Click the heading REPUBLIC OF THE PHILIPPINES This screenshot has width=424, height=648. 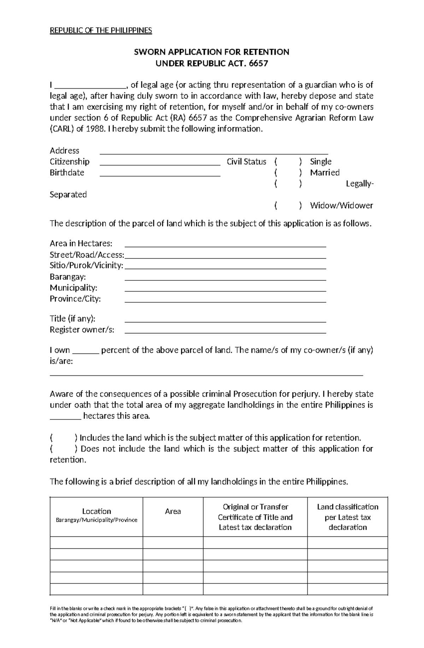(x=101, y=30)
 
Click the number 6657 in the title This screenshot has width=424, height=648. (x=258, y=64)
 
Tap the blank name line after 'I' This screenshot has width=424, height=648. (x=90, y=86)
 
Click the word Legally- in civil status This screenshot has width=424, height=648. (x=359, y=184)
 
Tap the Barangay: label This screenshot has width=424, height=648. (x=68, y=277)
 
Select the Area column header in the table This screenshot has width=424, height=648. (x=173, y=511)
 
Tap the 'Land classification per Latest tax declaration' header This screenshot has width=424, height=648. (x=348, y=517)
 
